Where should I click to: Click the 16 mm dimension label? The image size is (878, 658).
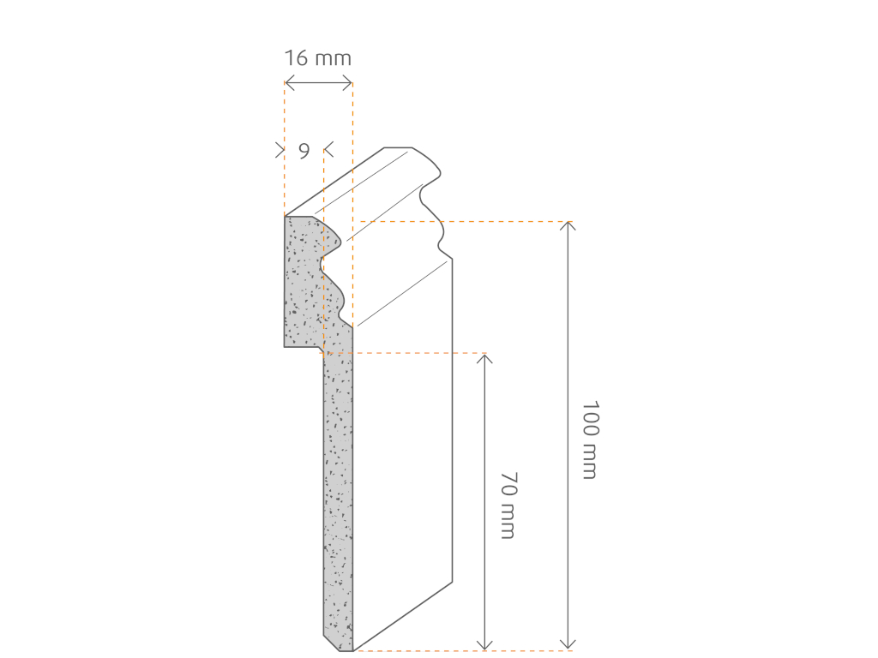[317, 57]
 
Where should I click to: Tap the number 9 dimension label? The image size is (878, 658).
[304, 151]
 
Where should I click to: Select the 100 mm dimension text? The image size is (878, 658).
[590, 440]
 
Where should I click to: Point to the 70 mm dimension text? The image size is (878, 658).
[508, 505]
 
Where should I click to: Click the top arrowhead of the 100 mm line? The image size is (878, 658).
[568, 225]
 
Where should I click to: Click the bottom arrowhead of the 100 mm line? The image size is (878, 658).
[568, 645]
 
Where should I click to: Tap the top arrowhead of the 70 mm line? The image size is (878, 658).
[484, 358]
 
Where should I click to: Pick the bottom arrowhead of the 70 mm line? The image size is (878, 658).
[484, 645]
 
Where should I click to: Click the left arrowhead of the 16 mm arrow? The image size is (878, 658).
[289, 85]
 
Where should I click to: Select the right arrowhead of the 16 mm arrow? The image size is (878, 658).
[348, 85]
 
